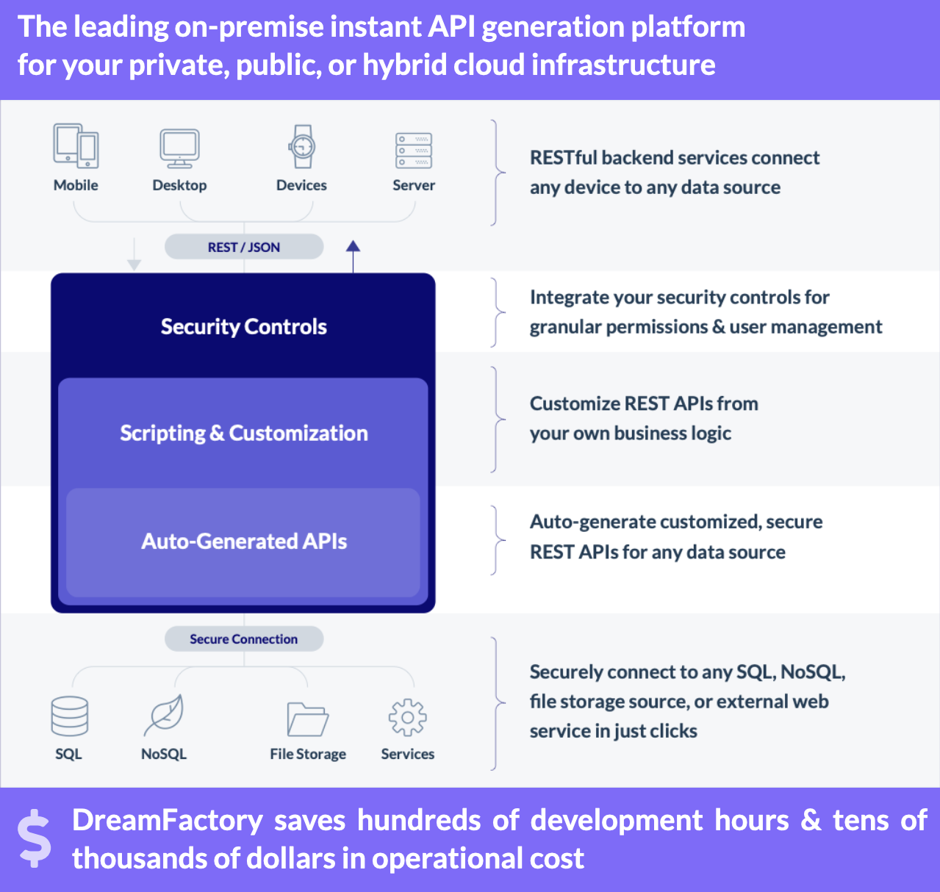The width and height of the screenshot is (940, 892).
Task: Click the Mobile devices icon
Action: [x=76, y=145]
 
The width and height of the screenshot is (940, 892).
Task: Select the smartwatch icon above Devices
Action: [x=301, y=146]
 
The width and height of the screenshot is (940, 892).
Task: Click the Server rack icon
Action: [x=414, y=151]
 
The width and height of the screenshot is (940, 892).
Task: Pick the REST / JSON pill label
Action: [x=244, y=247]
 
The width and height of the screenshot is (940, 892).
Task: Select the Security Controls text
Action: [x=244, y=327]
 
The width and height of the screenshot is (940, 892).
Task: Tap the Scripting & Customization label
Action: [x=244, y=434]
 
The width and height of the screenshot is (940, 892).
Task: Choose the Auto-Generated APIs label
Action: [x=244, y=542]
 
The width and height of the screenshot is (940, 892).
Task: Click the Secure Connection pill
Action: [x=244, y=639]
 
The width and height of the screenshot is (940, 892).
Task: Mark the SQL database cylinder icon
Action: [x=70, y=716]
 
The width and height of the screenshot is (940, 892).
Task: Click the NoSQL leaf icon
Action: [x=164, y=715]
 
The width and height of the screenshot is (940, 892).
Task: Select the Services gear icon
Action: [x=407, y=718]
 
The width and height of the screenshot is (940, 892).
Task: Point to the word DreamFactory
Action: [x=168, y=820]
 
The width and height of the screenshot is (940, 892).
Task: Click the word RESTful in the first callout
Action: [x=564, y=158]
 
